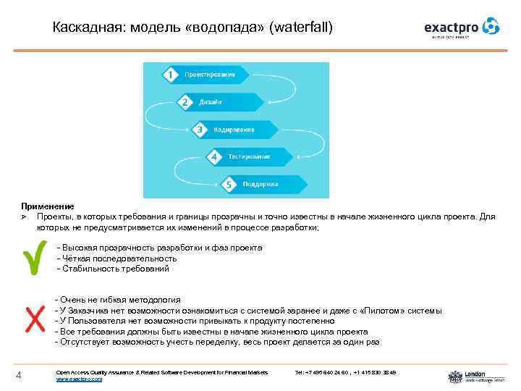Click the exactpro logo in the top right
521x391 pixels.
461,28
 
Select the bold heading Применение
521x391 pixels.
47,206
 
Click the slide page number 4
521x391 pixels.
20,374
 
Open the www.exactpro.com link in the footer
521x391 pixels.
79,379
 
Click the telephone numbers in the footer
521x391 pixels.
345,372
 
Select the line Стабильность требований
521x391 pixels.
115,269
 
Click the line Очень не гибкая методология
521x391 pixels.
120,300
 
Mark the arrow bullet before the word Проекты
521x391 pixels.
24,216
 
